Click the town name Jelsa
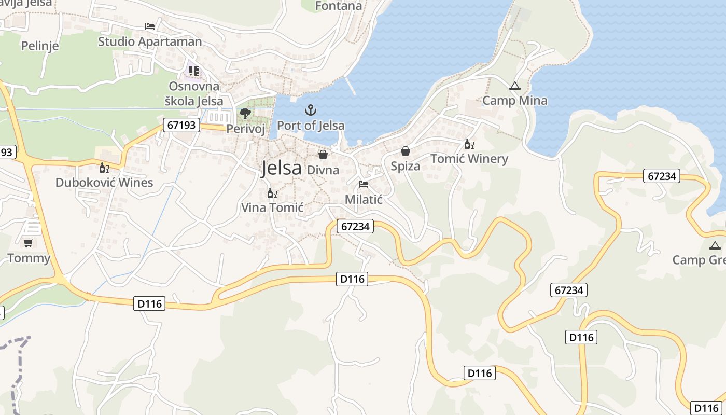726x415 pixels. click(x=282, y=168)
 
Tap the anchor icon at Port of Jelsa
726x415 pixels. click(x=310, y=110)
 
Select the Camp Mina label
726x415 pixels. click(x=514, y=101)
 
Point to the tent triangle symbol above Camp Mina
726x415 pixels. click(x=514, y=86)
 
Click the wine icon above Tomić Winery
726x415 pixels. click(x=469, y=144)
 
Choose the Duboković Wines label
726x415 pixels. click(x=104, y=183)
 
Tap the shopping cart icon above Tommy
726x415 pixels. click(x=29, y=243)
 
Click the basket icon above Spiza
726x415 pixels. click(x=405, y=151)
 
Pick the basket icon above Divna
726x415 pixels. click(x=323, y=155)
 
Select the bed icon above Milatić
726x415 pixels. click(x=364, y=184)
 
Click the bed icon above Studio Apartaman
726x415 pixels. click(x=150, y=26)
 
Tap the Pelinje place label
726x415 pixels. click(x=40, y=46)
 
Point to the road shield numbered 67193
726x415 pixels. click(x=181, y=125)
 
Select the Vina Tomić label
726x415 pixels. click(x=272, y=208)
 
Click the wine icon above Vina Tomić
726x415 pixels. click(x=272, y=193)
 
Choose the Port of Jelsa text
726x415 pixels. click(x=311, y=126)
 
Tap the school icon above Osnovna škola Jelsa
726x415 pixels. click(x=194, y=71)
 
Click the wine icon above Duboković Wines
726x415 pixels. click(x=104, y=168)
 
